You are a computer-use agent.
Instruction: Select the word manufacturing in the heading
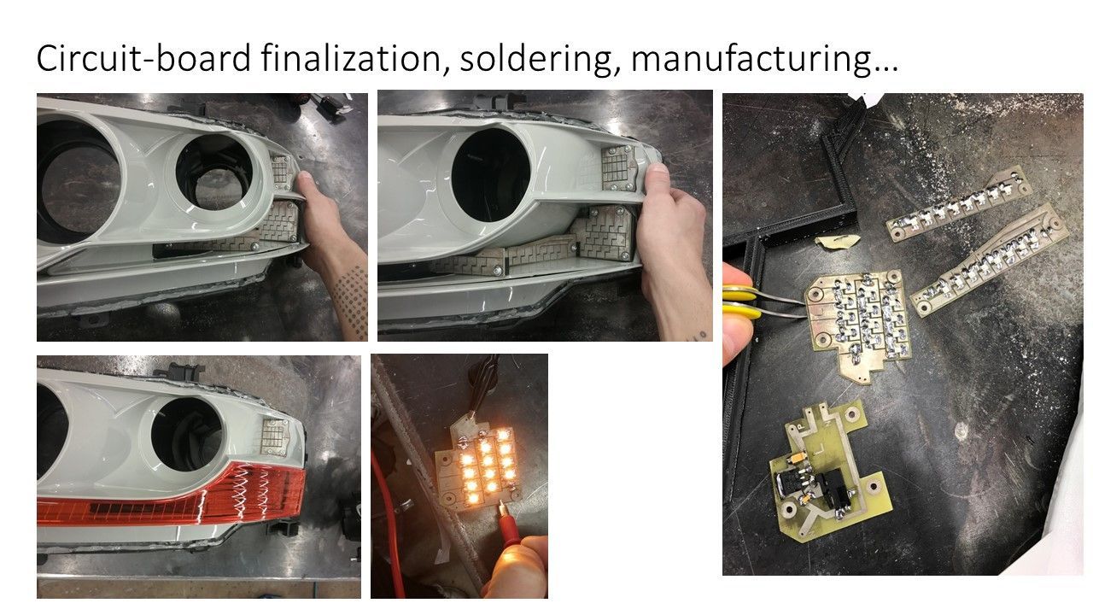pyautogui.click(x=764, y=59)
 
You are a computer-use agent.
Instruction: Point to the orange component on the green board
pyautogui.click(x=798, y=458)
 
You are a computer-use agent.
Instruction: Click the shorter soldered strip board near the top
pyautogui.click(x=959, y=203)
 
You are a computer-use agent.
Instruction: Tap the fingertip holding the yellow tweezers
pyautogui.click(x=737, y=337)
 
